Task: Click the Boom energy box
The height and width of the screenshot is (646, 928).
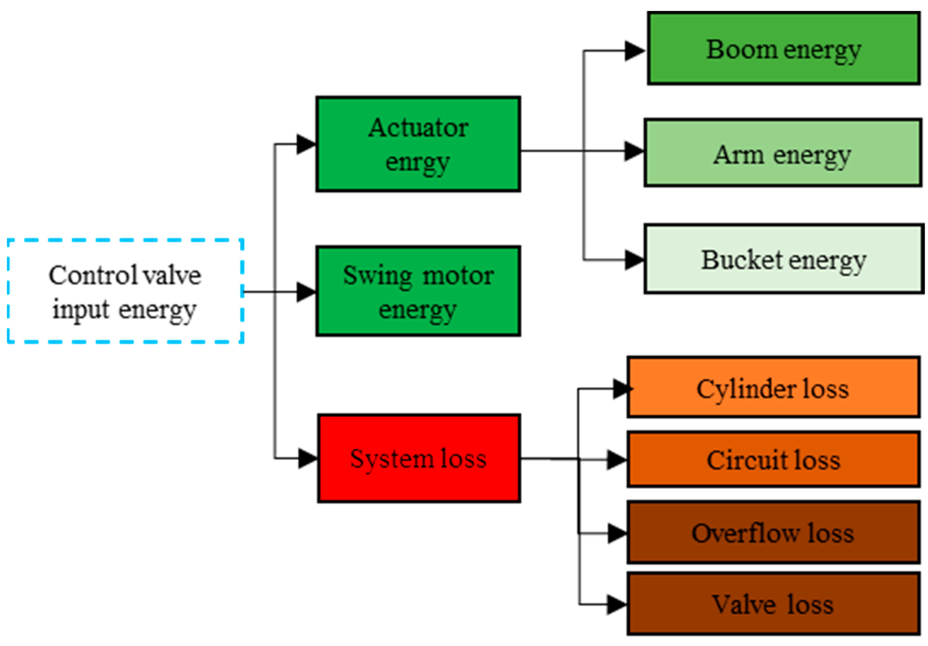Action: pyautogui.click(x=783, y=49)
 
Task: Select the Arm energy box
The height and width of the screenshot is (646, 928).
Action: pyautogui.click(x=783, y=153)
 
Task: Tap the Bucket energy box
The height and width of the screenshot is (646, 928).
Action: pyautogui.click(x=783, y=259)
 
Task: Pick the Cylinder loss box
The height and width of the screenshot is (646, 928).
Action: pyautogui.click(x=773, y=387)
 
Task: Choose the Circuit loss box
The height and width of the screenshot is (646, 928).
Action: pyautogui.click(x=773, y=459)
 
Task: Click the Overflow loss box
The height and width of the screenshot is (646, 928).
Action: pyautogui.click(x=773, y=532)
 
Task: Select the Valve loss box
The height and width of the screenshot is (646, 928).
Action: pyautogui.click(x=773, y=604)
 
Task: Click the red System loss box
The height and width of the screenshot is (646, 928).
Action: pyautogui.click(x=419, y=458)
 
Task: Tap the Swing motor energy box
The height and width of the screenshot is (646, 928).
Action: pyautogui.click(x=418, y=291)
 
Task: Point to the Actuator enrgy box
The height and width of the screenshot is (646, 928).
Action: pyautogui.click(x=418, y=144)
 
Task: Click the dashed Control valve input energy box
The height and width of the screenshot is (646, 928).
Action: pyautogui.click(x=125, y=291)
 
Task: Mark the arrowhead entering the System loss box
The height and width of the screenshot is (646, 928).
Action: pyautogui.click(x=307, y=458)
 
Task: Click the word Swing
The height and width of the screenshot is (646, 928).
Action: pyautogui.click(x=377, y=276)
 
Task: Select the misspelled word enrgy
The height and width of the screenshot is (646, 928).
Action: pyautogui.click(x=417, y=163)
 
